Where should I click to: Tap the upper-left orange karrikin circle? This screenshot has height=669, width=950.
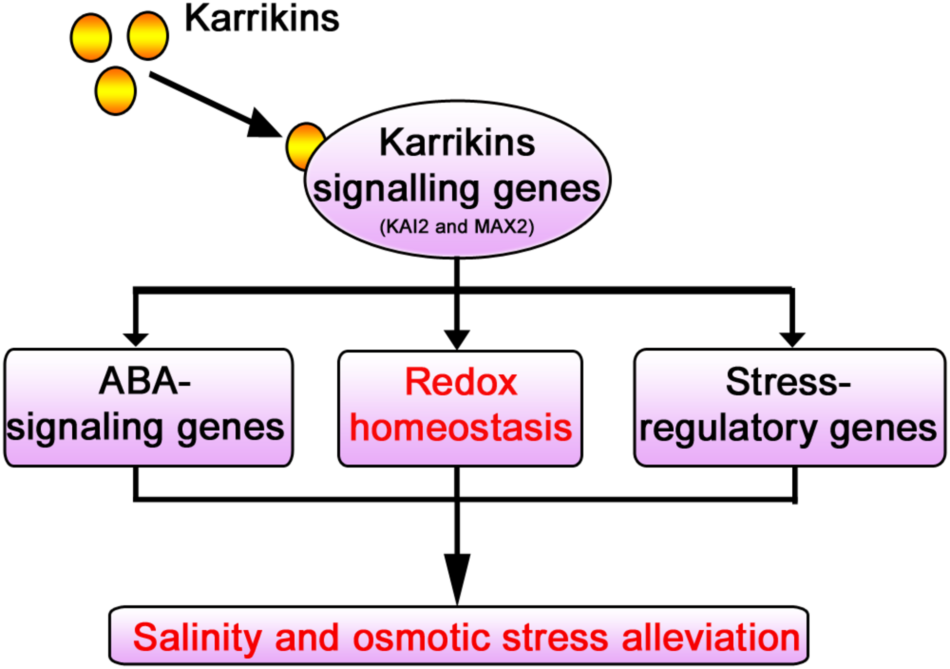[91, 38]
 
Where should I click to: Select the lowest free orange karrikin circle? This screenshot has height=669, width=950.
[116, 91]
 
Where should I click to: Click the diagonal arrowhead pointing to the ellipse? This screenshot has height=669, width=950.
[264, 124]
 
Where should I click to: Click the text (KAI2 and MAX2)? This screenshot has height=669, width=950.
[457, 226]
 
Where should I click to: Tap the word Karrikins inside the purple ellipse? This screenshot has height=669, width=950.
[457, 143]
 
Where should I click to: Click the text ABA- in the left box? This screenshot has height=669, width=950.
[145, 381]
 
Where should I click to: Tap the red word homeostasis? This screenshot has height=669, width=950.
[461, 428]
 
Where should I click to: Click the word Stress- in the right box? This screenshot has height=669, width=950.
[788, 382]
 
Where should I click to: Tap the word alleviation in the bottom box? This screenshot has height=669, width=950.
[711, 637]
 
